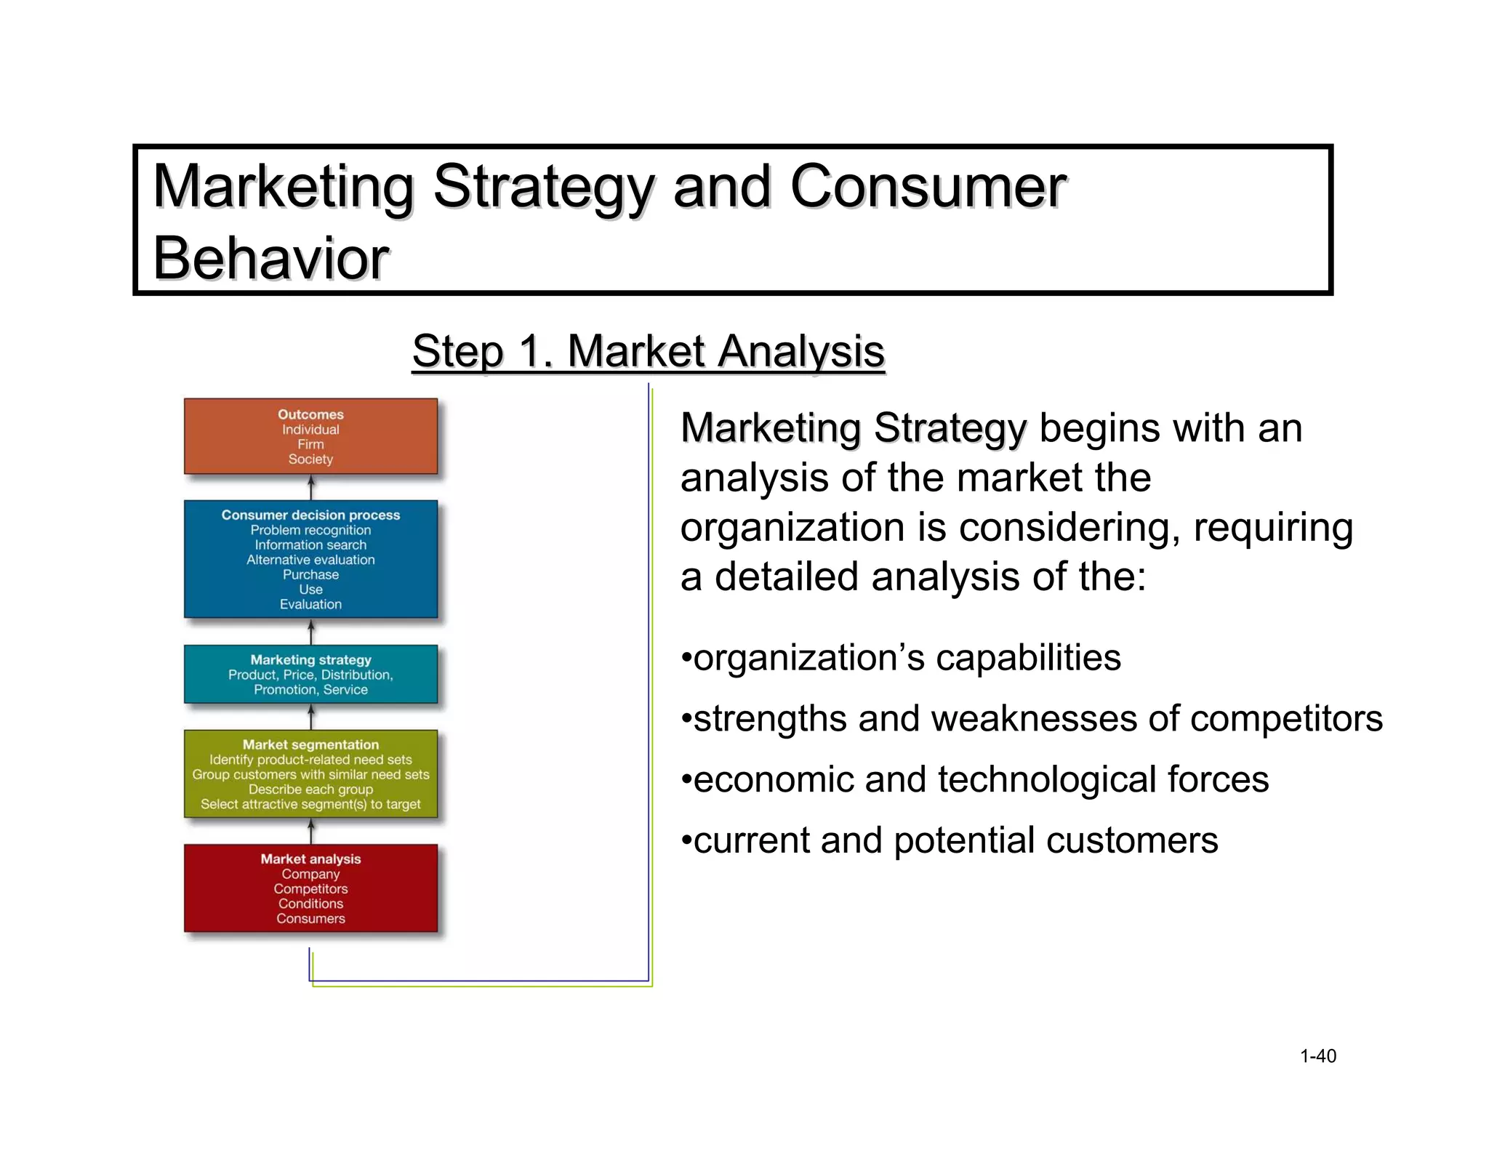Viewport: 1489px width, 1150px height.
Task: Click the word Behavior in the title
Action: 270,259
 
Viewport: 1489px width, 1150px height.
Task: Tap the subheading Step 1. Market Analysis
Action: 648,351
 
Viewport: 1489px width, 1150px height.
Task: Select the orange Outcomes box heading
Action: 310,414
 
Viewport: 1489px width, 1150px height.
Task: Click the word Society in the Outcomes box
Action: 310,459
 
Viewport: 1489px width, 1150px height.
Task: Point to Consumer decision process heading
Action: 310,515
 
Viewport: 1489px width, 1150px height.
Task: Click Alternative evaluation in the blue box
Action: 310,560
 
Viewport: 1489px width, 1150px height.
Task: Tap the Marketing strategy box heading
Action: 310,659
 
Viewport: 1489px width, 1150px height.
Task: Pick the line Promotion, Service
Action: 310,690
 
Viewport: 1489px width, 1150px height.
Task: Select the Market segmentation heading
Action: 310,744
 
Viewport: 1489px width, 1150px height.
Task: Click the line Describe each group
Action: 310,789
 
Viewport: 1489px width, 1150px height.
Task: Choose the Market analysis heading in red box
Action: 310,859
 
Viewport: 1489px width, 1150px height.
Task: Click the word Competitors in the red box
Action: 310,889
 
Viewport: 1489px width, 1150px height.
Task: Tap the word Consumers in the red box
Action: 310,919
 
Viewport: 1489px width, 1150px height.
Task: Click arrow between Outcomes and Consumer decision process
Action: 311,487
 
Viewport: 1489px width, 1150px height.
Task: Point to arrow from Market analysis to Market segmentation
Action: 311,831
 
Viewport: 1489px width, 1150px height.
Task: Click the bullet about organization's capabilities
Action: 902,658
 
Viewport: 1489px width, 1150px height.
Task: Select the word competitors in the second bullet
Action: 1286,719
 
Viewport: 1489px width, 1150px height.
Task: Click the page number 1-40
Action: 1317,1056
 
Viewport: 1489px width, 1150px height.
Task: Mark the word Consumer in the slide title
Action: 928,187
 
